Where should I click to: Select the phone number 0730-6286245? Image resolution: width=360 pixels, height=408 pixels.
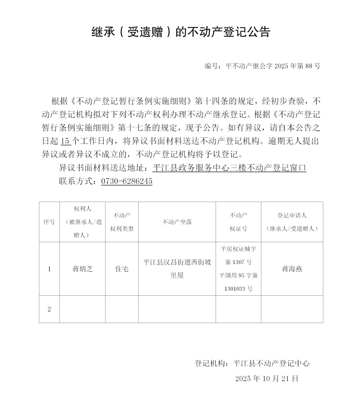click(127, 181)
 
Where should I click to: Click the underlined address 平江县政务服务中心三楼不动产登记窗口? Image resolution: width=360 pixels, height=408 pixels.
click(229, 168)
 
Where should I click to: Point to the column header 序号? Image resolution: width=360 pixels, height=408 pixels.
click(49, 222)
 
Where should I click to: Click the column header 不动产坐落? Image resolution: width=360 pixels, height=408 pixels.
click(177, 222)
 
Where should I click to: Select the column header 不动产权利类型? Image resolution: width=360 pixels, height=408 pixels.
click(122, 222)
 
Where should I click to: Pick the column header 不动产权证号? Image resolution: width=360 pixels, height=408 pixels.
click(238, 222)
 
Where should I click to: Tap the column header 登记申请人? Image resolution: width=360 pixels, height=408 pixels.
click(292, 216)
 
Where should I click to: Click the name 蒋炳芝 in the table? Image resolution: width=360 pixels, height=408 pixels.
click(82, 269)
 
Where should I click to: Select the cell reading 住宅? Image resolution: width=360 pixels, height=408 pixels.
click(122, 269)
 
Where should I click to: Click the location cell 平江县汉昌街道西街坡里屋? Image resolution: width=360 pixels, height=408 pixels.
click(177, 269)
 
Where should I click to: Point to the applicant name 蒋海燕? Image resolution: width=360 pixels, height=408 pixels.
click(292, 269)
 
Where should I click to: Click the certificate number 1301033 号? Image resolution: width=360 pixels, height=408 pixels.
click(238, 289)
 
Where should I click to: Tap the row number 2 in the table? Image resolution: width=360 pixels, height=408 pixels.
click(49, 309)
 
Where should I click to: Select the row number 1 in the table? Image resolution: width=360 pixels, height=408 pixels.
click(49, 269)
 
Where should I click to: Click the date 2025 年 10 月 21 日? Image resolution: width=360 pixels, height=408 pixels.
click(267, 378)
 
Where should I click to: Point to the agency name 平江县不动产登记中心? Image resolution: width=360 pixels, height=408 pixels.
click(271, 363)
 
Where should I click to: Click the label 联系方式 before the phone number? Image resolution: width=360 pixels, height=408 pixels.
click(76, 181)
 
